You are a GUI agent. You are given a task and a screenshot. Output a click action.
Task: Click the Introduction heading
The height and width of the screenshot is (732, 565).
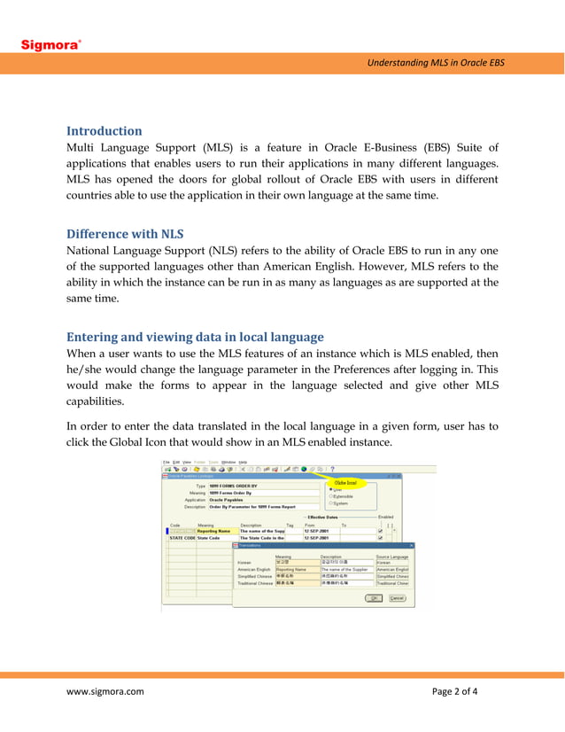[104, 130]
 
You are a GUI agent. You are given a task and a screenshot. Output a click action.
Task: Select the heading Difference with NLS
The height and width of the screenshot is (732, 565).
[125, 234]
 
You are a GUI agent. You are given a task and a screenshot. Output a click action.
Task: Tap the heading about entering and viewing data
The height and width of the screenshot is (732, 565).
[195, 337]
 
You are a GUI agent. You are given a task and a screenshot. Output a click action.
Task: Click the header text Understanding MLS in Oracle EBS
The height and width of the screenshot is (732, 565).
[435, 62]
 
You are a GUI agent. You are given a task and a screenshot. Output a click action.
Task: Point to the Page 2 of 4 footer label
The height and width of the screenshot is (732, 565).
[454, 692]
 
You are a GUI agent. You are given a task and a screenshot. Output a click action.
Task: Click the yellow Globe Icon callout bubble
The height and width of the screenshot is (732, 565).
[344, 483]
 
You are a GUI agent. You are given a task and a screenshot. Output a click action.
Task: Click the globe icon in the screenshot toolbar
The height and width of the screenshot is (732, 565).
[304, 470]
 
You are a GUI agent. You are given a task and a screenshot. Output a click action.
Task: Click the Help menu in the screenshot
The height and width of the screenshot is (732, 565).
[243, 462]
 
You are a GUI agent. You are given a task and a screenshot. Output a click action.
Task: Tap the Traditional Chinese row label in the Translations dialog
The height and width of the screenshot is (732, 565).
[255, 583]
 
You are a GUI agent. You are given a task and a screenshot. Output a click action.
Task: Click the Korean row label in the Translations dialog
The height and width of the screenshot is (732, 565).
[246, 562]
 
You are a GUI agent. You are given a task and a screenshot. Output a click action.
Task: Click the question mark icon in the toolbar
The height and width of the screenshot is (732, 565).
[332, 470]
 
